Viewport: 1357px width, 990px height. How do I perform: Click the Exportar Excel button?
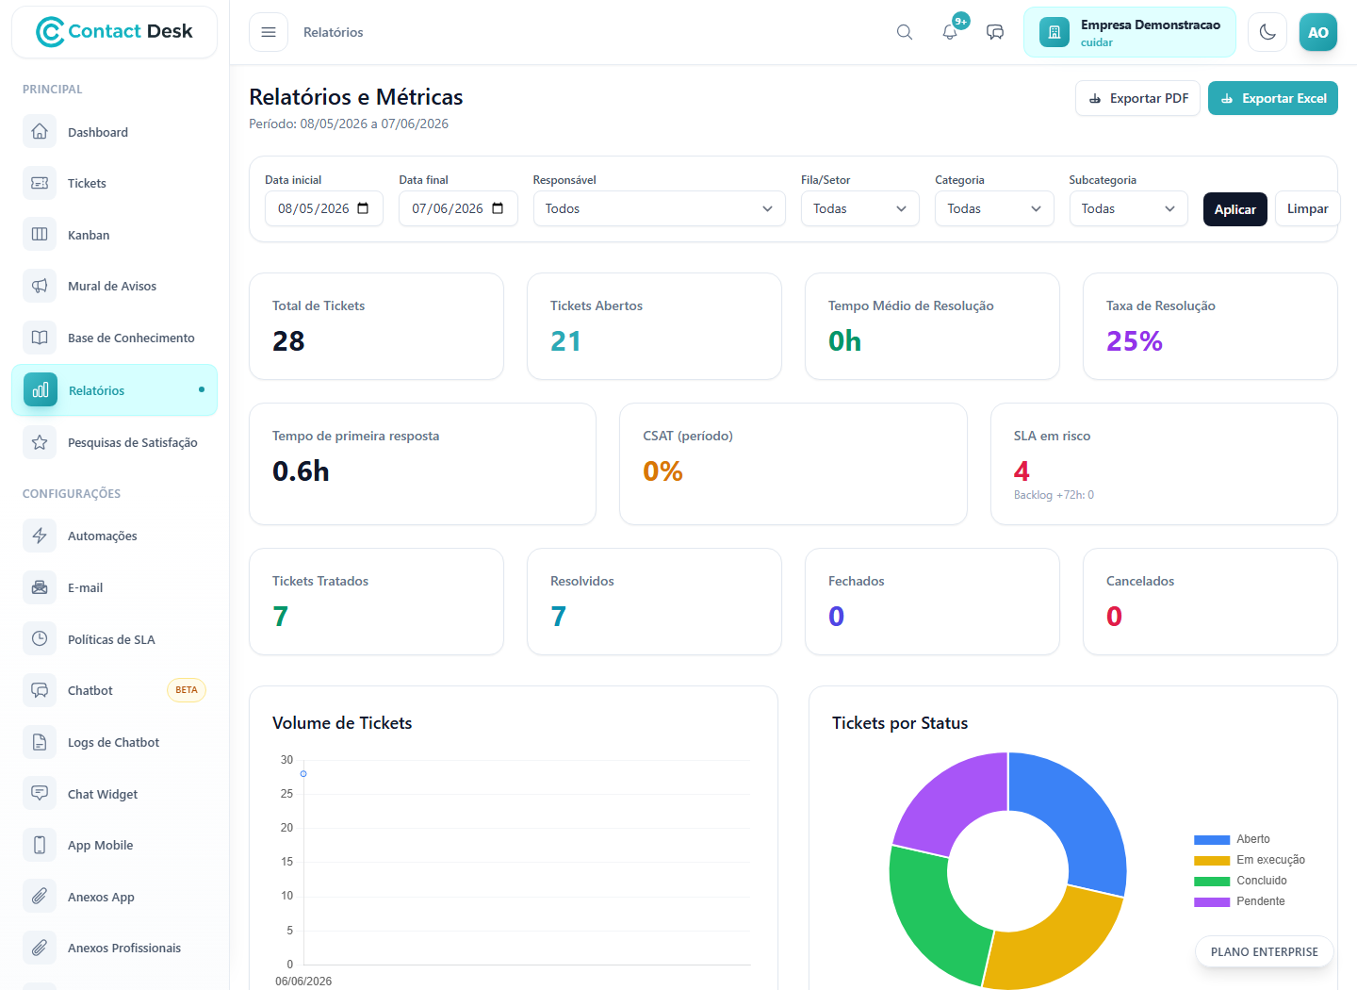click(1272, 98)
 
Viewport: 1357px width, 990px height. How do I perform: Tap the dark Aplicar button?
click(1234, 209)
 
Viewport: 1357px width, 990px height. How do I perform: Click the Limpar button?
click(1307, 209)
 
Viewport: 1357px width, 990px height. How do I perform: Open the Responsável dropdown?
click(659, 208)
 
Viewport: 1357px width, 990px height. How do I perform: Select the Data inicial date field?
click(323, 208)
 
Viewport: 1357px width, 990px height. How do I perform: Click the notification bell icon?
click(949, 32)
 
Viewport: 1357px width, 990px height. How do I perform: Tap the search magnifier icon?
click(904, 32)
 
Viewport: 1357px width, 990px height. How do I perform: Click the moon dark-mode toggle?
click(1267, 32)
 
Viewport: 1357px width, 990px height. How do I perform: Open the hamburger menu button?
click(269, 32)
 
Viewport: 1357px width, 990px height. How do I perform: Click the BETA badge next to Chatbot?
click(186, 690)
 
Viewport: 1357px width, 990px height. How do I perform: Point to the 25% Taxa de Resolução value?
click(1134, 340)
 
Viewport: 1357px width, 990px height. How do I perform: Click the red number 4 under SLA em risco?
click(1022, 471)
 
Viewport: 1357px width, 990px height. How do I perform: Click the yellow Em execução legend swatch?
click(1212, 860)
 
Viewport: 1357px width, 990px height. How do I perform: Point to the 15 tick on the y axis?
click(286, 862)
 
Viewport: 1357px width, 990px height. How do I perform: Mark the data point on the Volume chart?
click(303, 773)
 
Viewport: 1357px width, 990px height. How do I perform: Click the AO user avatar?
click(1317, 32)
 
